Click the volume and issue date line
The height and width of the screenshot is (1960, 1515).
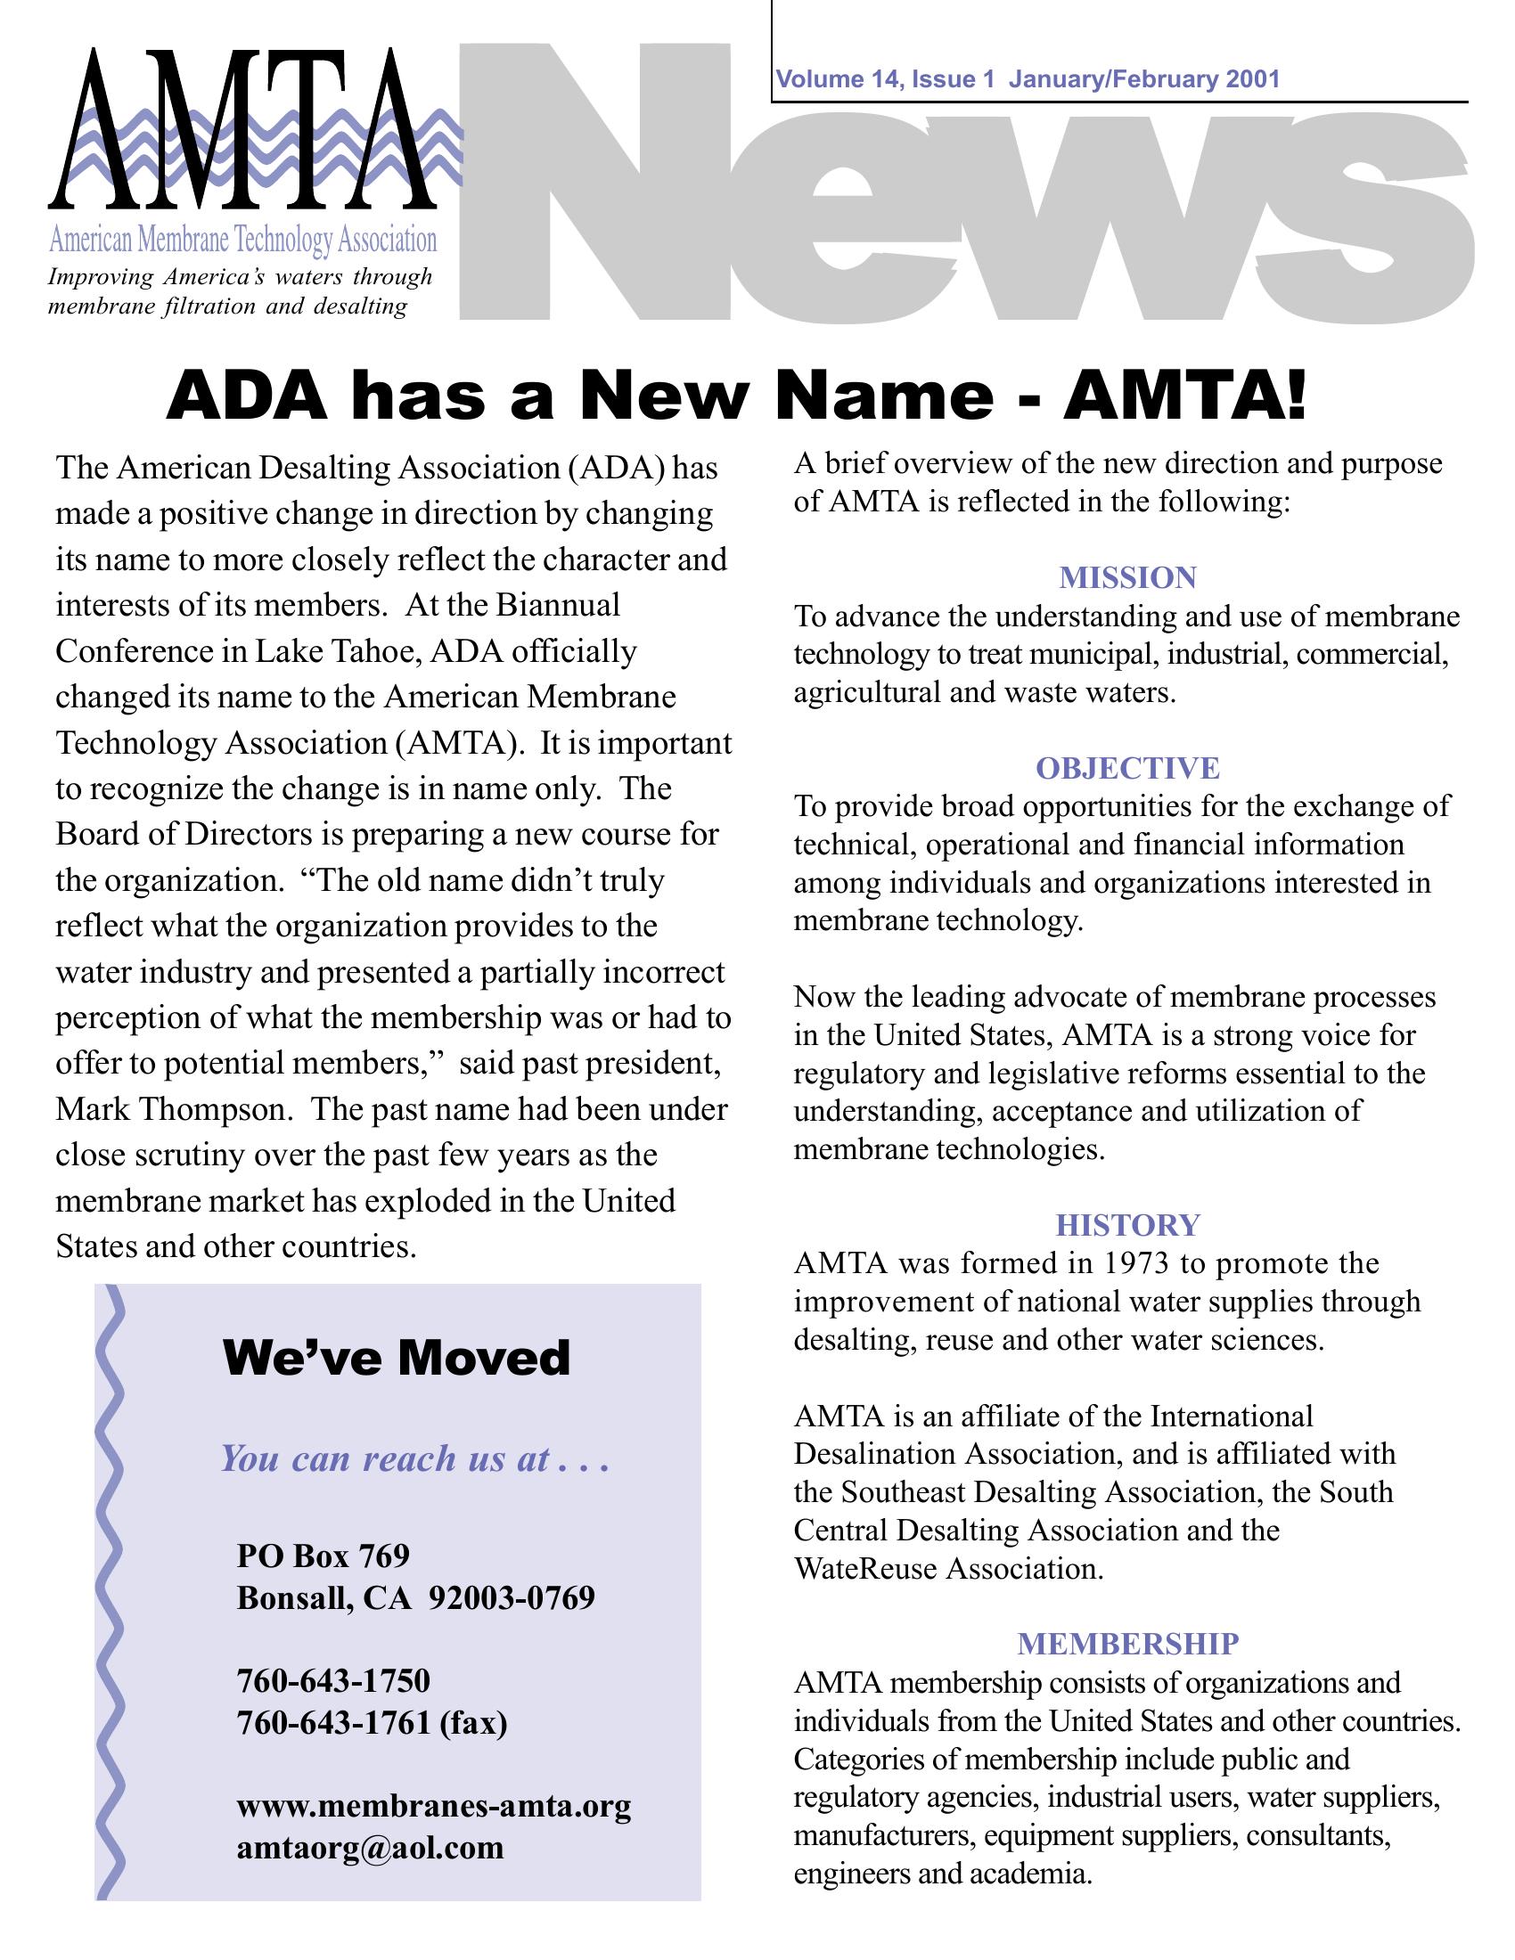tap(1028, 80)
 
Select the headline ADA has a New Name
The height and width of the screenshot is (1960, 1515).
tap(736, 396)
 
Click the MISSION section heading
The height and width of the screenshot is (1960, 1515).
tap(1127, 577)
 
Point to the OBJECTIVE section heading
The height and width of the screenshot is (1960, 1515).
tap(1127, 768)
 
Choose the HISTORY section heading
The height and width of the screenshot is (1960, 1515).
tap(1127, 1225)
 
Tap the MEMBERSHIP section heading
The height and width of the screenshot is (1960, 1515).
tap(1127, 1643)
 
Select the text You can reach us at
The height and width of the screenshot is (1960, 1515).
tap(414, 1458)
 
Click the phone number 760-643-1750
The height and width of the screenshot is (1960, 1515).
tap(333, 1679)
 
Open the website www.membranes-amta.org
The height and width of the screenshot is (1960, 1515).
tap(433, 1805)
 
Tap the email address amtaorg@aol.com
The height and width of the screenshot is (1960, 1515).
tap(370, 1848)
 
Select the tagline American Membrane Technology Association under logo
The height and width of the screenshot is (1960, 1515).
tap(242, 240)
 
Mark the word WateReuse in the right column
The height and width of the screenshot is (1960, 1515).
tap(866, 1568)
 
